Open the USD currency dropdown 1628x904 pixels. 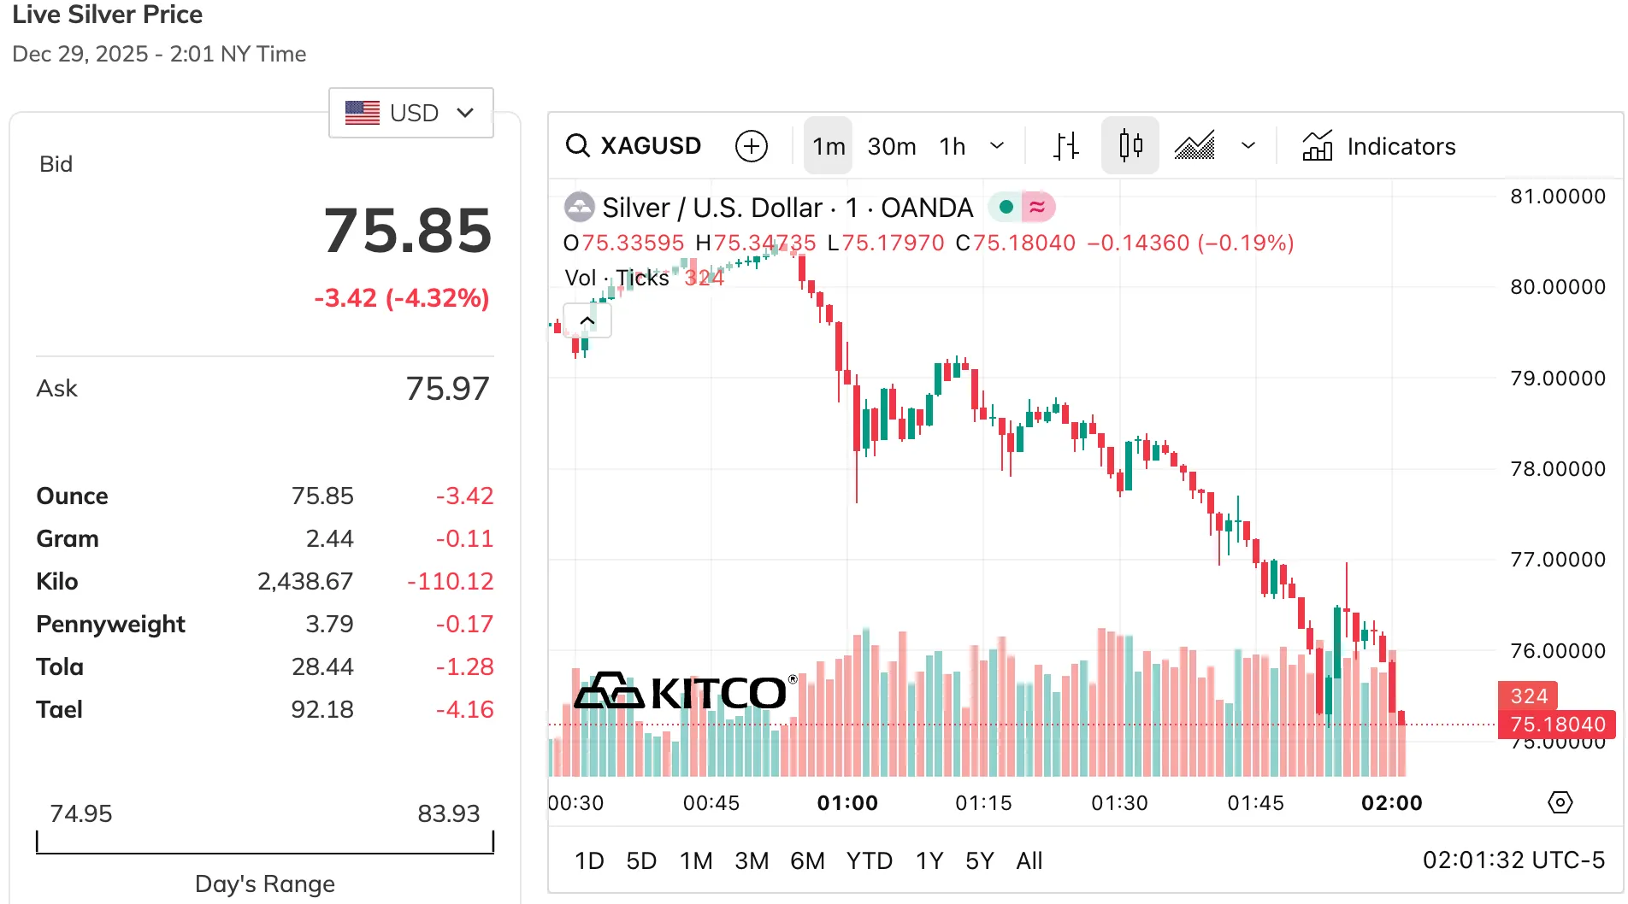coord(410,113)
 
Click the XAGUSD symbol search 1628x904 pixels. coord(634,146)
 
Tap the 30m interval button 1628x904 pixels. coord(891,146)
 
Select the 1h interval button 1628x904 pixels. coord(952,146)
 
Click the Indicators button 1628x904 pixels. coord(1378,146)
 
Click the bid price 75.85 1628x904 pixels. coord(408,231)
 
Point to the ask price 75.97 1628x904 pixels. coord(447,389)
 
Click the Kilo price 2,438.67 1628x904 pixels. coord(305,581)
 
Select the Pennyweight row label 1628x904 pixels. coord(110,624)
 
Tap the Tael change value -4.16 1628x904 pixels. coord(464,709)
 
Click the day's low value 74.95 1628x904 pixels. coord(80,813)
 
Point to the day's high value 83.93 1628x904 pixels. coord(448,813)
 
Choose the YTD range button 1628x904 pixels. coord(869,860)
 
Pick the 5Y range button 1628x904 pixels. coord(979,860)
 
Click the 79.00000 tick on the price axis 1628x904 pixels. coord(1557,378)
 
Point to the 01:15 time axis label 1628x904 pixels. coord(983,803)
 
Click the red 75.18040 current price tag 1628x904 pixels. coord(1557,725)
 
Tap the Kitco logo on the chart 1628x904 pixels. coord(685,692)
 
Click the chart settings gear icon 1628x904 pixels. coord(1560,802)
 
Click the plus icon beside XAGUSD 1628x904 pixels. coord(752,146)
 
